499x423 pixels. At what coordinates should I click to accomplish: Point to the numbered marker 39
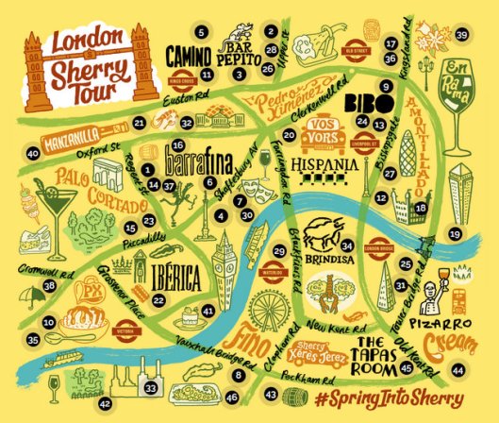coord(461,35)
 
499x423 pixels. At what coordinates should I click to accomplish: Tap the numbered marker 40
coord(33,153)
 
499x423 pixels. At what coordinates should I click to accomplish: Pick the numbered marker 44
coord(457,371)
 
